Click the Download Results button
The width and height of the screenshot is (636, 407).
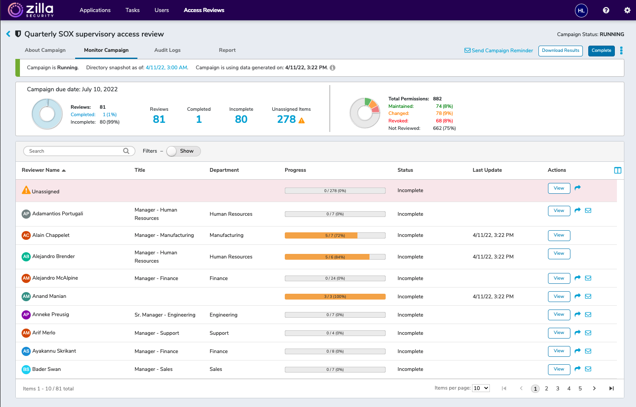(560, 51)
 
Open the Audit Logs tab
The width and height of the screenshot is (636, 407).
(167, 50)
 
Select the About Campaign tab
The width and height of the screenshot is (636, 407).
(45, 50)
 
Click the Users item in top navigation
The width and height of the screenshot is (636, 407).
(161, 10)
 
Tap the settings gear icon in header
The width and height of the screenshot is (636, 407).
(627, 10)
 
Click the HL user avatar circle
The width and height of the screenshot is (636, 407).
(581, 10)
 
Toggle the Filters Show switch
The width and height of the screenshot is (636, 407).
(183, 151)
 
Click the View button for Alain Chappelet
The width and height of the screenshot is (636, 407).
(559, 235)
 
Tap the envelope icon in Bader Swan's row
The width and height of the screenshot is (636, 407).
(588, 369)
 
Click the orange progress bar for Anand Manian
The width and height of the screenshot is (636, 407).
(335, 297)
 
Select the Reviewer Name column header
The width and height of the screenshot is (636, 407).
(41, 170)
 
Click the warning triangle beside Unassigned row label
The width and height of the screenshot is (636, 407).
(26, 190)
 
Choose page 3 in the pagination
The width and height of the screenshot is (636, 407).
(558, 388)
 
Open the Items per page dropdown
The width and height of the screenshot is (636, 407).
(481, 388)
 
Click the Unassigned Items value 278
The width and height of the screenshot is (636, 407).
(286, 119)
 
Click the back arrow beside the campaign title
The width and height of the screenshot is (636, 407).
(8, 34)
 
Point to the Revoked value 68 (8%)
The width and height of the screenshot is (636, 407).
(444, 121)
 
